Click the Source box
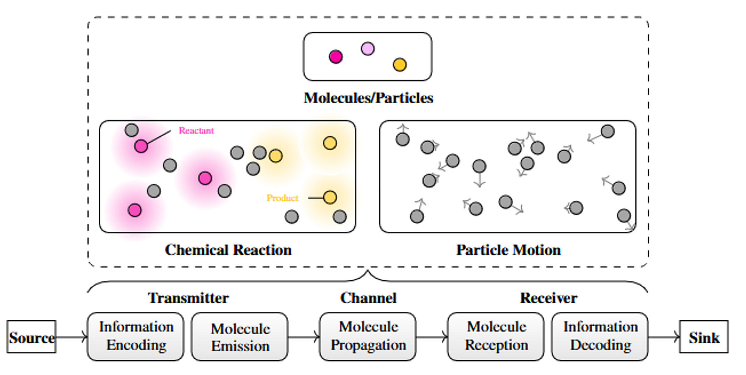click(31, 337)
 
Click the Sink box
click(704, 337)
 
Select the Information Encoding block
click(136, 337)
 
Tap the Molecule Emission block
click(240, 337)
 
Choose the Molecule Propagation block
click(368, 337)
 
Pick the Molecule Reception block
click(496, 337)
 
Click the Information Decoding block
click(600, 337)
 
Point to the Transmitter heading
click(188, 298)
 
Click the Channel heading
click(368, 298)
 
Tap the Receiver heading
click(549, 298)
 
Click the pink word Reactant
click(196, 130)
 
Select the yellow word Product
click(282, 198)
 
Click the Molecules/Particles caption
click(368, 98)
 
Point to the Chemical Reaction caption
click(228, 250)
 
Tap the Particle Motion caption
click(509, 250)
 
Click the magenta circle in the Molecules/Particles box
click(336, 57)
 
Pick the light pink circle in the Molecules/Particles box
click(368, 49)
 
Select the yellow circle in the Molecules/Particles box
click(399, 64)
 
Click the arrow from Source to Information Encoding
click(71, 337)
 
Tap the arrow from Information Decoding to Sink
click(664, 337)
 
